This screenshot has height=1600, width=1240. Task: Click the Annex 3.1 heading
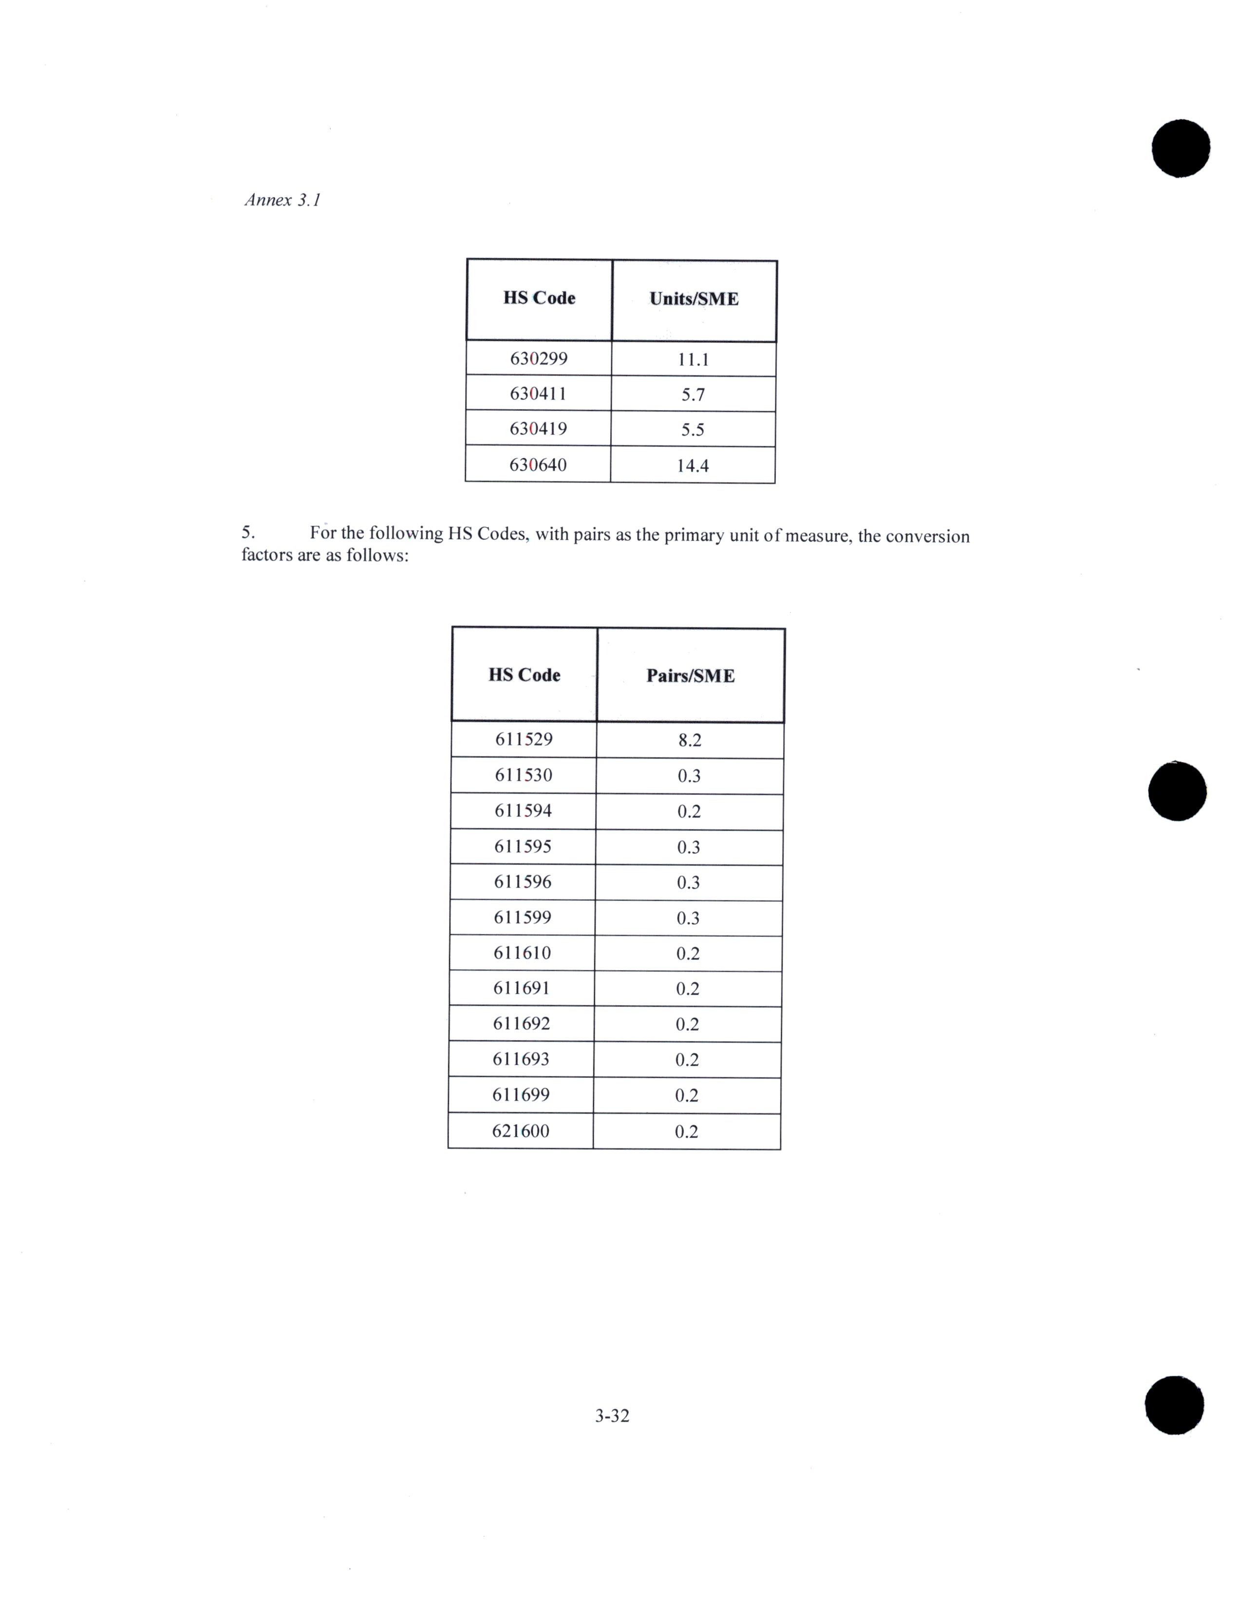[282, 200]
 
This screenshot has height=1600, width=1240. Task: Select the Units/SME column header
[694, 299]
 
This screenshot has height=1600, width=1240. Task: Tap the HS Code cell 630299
[538, 359]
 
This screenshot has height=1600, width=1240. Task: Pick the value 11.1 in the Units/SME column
[693, 360]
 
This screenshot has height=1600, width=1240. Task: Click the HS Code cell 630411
[538, 394]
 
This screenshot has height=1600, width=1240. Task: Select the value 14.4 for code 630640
[692, 466]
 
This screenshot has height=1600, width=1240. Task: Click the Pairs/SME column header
[690, 675]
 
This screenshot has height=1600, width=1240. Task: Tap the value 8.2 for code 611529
[689, 741]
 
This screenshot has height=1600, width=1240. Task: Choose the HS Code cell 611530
[523, 775]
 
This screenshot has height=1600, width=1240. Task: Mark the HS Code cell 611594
[523, 811]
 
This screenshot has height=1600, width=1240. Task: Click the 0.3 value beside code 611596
[688, 883]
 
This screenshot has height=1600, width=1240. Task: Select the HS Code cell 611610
[522, 953]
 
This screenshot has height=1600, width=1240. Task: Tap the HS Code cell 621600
[520, 1131]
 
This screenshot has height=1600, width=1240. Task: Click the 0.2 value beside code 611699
[686, 1096]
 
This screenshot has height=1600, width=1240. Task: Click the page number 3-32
[612, 1416]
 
